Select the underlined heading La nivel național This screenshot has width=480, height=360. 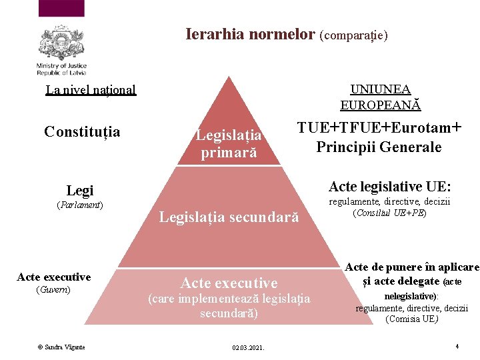pos(91,89)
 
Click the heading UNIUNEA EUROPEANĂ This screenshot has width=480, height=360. pos(381,97)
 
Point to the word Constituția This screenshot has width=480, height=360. pos(82,131)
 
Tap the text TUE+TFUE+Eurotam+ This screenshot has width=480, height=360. pos(379,128)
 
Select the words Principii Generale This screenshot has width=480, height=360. pos(379,147)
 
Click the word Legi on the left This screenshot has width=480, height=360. pos(80,190)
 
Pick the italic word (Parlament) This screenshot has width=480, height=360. pos(80,204)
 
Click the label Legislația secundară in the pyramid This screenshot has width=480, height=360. pos(229,216)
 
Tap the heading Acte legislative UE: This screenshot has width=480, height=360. pos(390,186)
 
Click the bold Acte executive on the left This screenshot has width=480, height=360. pos(54,277)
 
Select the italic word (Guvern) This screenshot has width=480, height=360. pos(54,290)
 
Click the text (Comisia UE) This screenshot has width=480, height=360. pos(411,319)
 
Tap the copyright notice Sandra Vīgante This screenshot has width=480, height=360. pos(61,347)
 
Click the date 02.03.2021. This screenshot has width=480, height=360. pos(248,347)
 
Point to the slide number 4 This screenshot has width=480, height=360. pos(457,346)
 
